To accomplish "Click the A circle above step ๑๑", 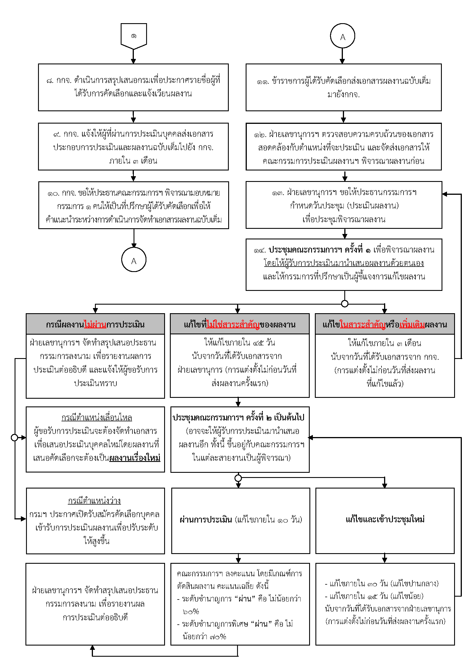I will (343, 36).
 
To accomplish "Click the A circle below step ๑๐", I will (134, 260).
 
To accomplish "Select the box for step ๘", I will (133, 87).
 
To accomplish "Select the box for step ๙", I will (133, 146).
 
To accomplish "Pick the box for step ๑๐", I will (134, 205).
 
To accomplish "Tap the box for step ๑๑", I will (343, 87).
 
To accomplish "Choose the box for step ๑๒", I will (343, 146).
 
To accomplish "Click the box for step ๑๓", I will (344, 205).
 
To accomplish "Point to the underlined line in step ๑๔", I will (344, 263).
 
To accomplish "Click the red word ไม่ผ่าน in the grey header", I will (95, 324).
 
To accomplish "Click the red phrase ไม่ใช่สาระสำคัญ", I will (233, 324).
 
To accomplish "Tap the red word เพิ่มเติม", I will (412, 324).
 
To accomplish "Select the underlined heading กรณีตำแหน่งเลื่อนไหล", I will (97, 418).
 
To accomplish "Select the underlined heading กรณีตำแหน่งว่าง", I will (94, 501).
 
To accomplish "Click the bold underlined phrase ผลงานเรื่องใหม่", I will (135, 458).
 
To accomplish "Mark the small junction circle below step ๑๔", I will (345, 304).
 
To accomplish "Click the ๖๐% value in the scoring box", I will (191, 611).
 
